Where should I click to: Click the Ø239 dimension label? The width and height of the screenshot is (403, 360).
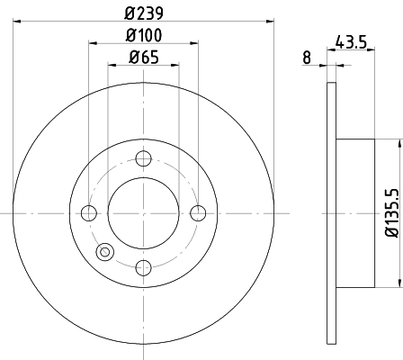tap(144, 13)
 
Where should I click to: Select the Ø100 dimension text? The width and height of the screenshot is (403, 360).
tap(144, 35)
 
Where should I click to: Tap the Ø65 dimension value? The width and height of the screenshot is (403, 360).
tap(144, 57)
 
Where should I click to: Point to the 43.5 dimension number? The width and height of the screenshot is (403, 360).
tap(351, 41)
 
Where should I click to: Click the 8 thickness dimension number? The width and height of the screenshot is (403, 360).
tap(307, 58)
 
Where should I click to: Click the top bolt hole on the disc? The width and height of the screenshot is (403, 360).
tap(143, 158)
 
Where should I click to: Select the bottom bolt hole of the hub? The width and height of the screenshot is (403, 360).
tap(143, 268)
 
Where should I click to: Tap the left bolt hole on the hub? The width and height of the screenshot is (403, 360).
tap(89, 213)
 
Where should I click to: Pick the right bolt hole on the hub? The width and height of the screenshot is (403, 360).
tap(198, 213)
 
